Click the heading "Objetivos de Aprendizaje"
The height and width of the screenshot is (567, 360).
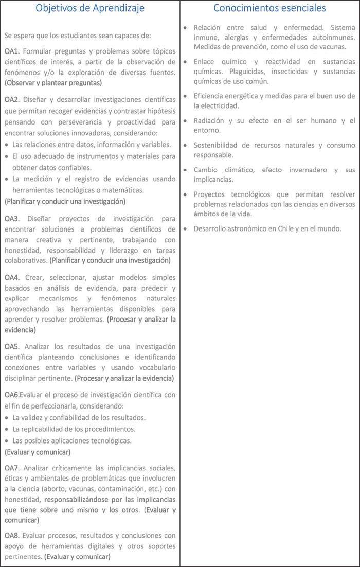[90, 8]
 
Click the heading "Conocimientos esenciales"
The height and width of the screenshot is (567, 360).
[269, 8]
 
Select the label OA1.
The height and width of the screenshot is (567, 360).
[12, 51]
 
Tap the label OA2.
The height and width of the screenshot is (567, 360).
[12, 99]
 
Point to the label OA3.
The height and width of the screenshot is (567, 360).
[12, 219]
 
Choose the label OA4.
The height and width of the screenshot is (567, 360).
[12, 277]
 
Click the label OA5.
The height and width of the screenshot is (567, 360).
[12, 346]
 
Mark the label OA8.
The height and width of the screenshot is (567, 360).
[12, 535]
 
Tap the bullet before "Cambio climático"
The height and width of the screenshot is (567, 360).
[186, 170]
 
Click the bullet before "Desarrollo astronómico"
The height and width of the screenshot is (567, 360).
[186, 228]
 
